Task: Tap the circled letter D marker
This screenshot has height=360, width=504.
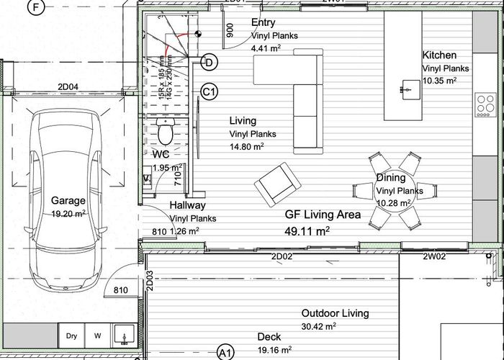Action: point(210,63)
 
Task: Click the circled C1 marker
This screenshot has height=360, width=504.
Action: point(210,92)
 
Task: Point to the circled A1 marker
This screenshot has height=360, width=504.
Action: point(225,352)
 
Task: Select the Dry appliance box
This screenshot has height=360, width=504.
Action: point(71,336)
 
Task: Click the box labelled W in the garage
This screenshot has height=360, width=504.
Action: point(97,336)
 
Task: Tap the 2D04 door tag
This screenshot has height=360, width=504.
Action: point(68,89)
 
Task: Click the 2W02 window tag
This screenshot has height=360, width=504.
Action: point(434,256)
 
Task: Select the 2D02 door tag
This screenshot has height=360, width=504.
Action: point(281,256)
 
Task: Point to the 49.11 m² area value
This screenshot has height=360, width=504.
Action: point(307,231)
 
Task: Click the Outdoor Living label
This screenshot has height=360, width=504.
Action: point(335,313)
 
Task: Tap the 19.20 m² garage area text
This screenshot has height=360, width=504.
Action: point(68,214)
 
